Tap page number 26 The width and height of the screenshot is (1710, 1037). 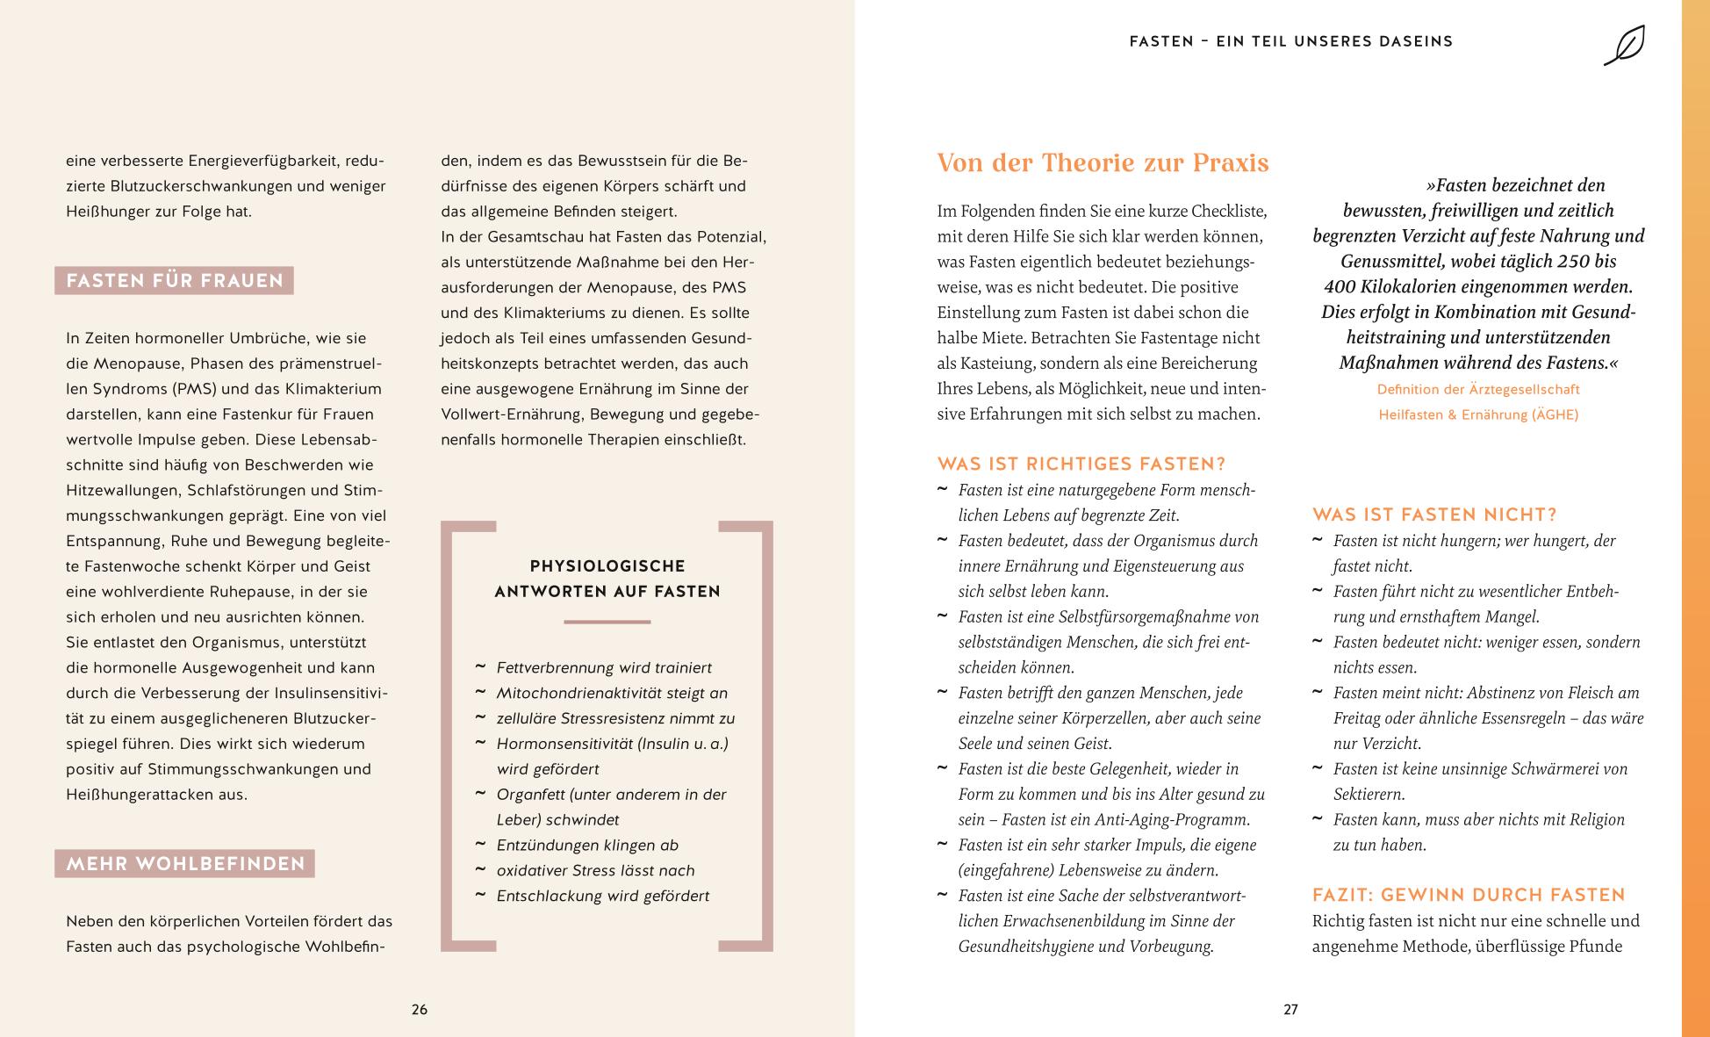coord(420,1010)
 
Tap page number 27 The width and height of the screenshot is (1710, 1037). coord(1290,1010)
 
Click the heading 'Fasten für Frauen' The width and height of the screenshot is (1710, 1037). coord(175,281)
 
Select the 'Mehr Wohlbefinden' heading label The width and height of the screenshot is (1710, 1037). coord(185,864)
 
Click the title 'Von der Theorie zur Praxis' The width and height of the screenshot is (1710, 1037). coord(1103,163)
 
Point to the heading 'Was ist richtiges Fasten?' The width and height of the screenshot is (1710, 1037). coord(1081,464)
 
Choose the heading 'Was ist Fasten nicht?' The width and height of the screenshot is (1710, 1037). coord(1434,515)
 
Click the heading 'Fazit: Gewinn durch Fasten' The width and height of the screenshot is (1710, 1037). coord(1469,895)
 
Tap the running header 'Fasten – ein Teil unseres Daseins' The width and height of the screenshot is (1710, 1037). coord(1291,41)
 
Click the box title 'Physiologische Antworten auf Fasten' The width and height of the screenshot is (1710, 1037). coord(607,579)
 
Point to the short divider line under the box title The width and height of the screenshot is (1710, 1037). coord(607,622)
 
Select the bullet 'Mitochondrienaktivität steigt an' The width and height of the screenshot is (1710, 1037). coord(612,693)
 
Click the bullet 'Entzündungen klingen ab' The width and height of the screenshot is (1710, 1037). coord(587,845)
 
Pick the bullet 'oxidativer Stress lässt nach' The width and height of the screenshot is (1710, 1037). coord(595,870)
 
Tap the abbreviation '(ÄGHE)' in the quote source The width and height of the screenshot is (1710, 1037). coord(1555,414)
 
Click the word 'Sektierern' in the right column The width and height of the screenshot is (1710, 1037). coord(1369,794)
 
